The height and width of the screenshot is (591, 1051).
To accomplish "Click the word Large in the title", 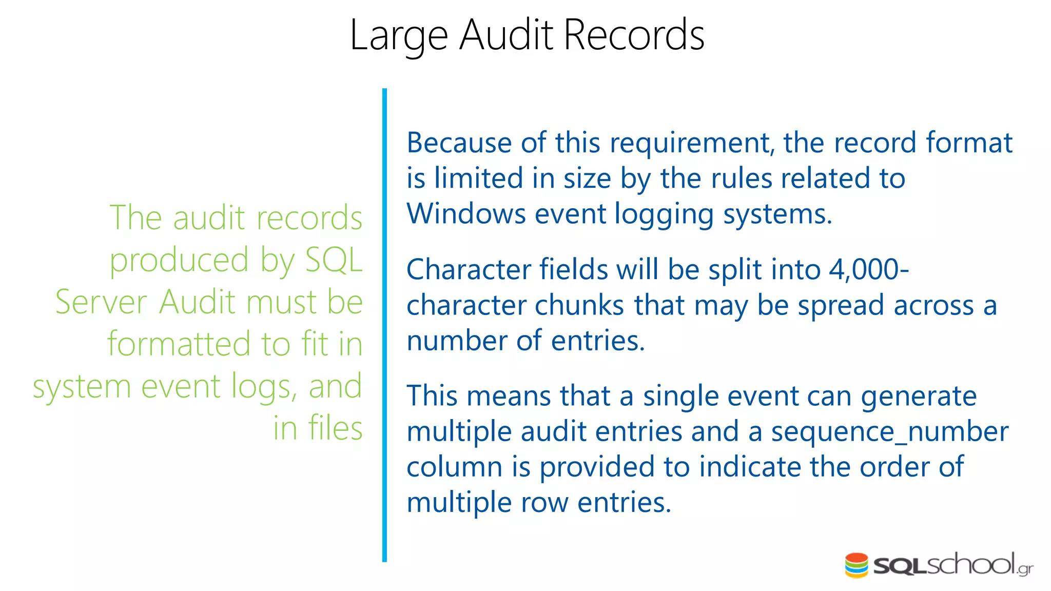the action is [399, 36].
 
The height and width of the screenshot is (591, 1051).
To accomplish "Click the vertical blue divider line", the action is [384, 325].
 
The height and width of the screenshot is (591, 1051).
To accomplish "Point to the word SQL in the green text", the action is [334, 260].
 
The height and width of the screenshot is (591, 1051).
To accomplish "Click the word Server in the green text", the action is [101, 302].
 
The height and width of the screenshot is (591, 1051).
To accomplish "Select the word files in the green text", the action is [335, 428].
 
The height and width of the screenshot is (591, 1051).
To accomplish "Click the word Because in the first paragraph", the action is [459, 143].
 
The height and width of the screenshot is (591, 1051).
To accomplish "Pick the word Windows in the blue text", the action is [466, 213].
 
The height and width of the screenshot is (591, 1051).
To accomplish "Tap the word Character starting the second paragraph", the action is [468, 269].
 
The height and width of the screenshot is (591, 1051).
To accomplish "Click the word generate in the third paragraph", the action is [919, 397].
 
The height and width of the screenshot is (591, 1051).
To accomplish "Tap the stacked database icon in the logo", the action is [857, 565].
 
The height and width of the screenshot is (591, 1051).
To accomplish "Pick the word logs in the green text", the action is [263, 386].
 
